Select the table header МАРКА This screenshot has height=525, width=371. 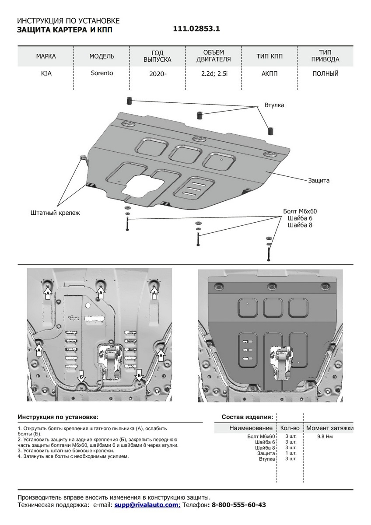tap(46, 56)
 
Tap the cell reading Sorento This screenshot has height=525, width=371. tap(102, 73)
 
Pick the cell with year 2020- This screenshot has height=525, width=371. tap(157, 73)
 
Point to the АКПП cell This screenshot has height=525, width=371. tap(269, 73)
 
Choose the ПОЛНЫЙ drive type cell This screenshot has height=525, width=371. tap(325, 73)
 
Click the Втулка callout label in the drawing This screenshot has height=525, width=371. tap(274, 105)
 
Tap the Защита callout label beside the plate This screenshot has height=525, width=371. tap(318, 180)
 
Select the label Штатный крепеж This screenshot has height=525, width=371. tap(56, 213)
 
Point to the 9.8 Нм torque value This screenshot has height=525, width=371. tap(325, 437)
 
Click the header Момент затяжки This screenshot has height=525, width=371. tap(329, 428)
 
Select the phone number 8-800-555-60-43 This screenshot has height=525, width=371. tap(238, 505)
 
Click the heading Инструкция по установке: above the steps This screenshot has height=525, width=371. tap(58, 417)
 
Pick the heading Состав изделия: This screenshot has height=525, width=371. tap(247, 417)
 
